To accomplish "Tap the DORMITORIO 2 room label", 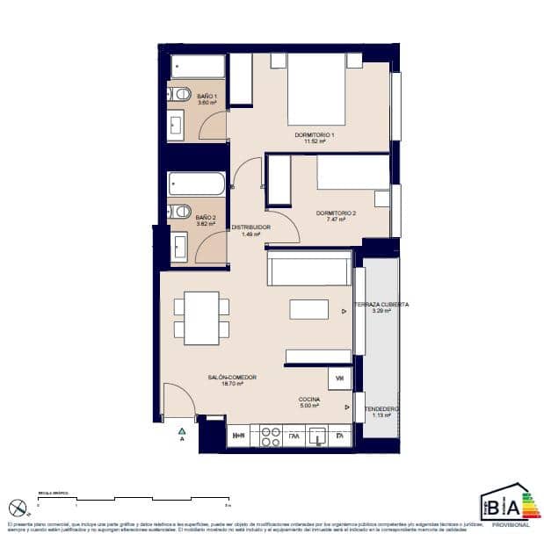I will pyautogui.click(x=336, y=216).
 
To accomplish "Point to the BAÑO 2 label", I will pyautogui.click(x=206, y=220).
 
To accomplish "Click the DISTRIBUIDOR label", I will pyautogui.click(x=250, y=230).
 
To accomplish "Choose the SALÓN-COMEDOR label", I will pyautogui.click(x=232, y=379).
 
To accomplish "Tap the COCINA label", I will pyautogui.click(x=308, y=402).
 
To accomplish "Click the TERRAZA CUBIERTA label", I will pyautogui.click(x=380, y=306).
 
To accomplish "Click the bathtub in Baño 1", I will pyautogui.click(x=198, y=67).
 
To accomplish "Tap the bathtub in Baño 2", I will pyautogui.click(x=198, y=184).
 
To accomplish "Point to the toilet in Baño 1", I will pyautogui.click(x=181, y=93).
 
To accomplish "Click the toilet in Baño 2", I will pyautogui.click(x=181, y=211).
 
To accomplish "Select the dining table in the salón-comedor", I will pyautogui.click(x=201, y=317).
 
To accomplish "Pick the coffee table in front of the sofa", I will pyautogui.click(x=308, y=309).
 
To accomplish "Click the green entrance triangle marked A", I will pyautogui.click(x=182, y=431).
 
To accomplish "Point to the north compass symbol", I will pyautogui.click(x=17, y=508).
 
